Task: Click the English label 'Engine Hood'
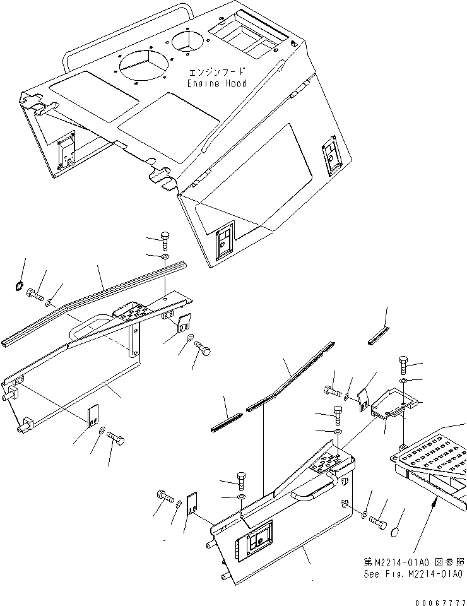pyautogui.click(x=216, y=83)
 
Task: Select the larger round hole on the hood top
pyautogui.click(x=143, y=65)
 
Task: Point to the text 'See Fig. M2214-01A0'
pyautogui.click(x=413, y=574)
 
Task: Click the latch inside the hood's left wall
pyautogui.click(x=67, y=151)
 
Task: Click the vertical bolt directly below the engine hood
pyautogui.click(x=165, y=240)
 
